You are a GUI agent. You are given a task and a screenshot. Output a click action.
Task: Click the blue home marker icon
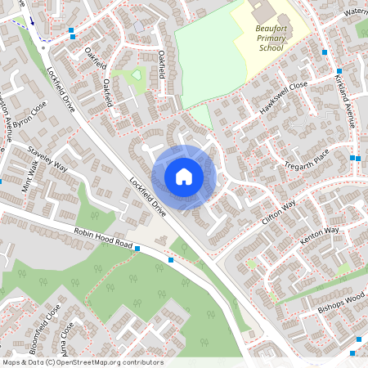(184, 177)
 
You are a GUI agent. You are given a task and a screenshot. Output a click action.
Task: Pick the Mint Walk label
(30, 175)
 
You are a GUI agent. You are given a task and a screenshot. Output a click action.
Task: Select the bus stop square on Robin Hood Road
(171, 260)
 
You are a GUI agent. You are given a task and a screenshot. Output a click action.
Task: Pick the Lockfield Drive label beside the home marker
(148, 197)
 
